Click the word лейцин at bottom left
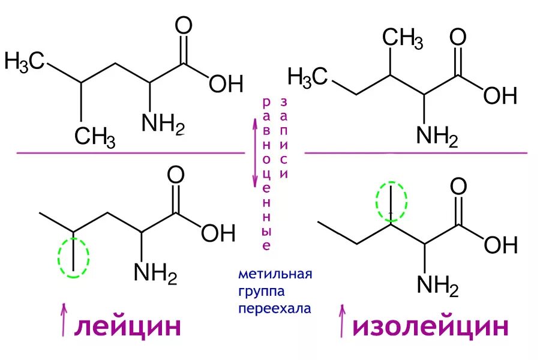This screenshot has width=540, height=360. click(127, 327)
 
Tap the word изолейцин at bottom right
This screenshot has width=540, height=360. click(431, 327)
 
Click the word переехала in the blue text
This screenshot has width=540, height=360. click(275, 310)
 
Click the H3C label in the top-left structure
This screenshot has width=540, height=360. click(25, 61)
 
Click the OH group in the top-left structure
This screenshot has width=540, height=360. click(226, 83)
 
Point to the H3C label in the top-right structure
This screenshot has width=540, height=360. click(308, 77)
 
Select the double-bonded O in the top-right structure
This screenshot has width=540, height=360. click(458, 37)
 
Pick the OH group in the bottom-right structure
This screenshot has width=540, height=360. click(500, 244)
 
